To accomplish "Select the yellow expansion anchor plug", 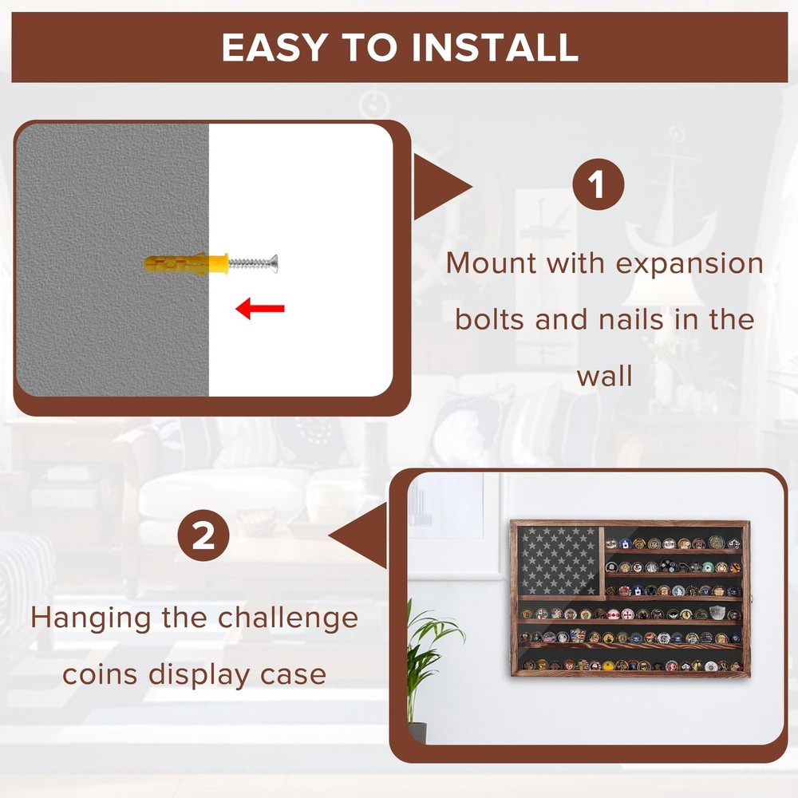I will (x=186, y=263).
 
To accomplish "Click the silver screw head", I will (x=275, y=263).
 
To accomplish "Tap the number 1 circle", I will (x=598, y=188).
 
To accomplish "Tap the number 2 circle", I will (x=204, y=535).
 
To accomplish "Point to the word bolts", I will (x=489, y=319).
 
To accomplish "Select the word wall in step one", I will (x=605, y=375).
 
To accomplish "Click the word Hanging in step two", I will (x=93, y=618).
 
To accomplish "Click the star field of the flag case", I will (x=556, y=561).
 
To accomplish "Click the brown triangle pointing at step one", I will (x=441, y=188).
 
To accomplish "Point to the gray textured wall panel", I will (x=113, y=260).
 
